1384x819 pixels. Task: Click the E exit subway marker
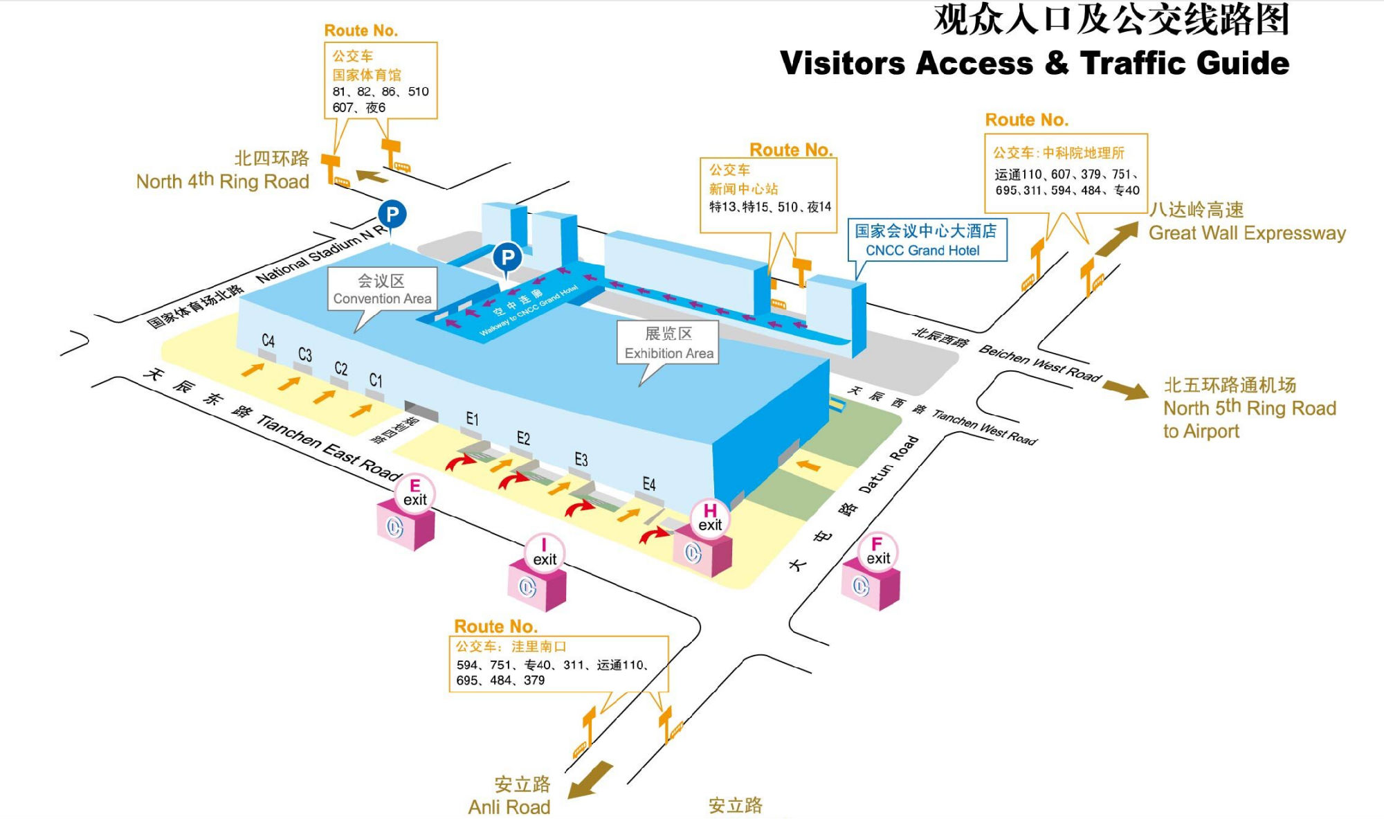(415, 493)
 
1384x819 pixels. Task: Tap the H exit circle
(710, 518)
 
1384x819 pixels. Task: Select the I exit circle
(544, 552)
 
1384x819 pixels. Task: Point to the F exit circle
(877, 551)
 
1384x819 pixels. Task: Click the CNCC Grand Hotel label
(926, 240)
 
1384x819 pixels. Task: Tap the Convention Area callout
(382, 289)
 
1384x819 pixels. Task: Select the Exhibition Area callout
(668, 343)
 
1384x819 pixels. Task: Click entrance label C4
(268, 341)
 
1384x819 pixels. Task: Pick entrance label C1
(375, 380)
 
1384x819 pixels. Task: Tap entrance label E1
(472, 419)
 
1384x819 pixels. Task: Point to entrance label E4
(648, 484)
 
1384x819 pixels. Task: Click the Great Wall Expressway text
(1247, 233)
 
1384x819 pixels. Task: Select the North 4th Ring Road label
(223, 181)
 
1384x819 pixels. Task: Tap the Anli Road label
(509, 807)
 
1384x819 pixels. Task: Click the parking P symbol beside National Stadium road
(392, 214)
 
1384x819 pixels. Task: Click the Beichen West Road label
(1039, 363)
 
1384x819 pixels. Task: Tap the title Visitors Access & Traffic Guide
(1035, 64)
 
